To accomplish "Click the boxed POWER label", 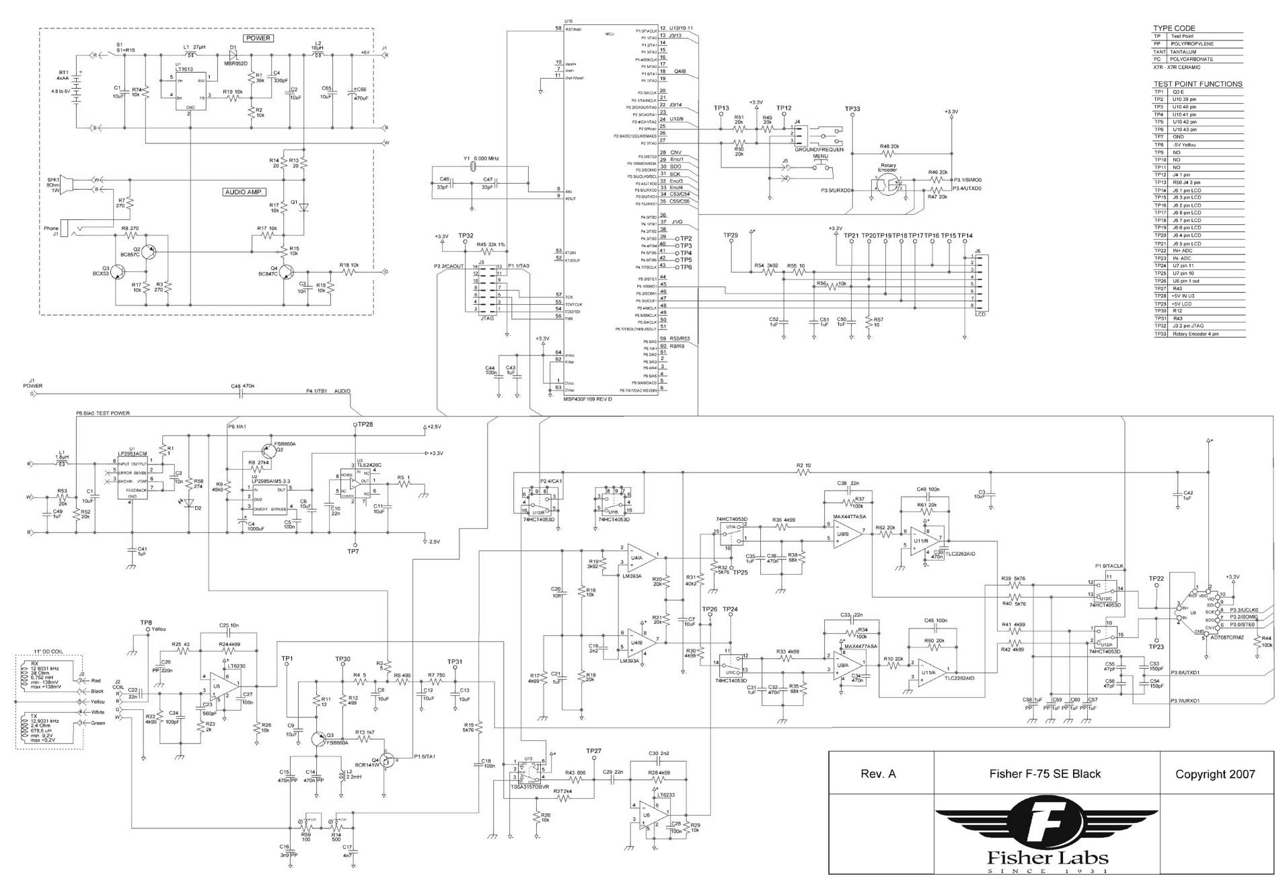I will [258, 38].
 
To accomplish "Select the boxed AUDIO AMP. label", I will [244, 192].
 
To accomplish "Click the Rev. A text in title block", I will [878, 774].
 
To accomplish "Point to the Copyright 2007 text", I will [1215, 774].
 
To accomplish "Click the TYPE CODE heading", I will [1174, 28].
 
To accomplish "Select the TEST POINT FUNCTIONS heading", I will [1198, 84].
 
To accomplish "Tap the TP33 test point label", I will [852, 109].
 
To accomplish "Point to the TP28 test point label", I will [365, 425].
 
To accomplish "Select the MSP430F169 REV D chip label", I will [587, 398].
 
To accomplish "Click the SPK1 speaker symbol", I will [65, 183].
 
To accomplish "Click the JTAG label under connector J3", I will [486, 318].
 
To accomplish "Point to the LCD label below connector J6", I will [980, 314].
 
